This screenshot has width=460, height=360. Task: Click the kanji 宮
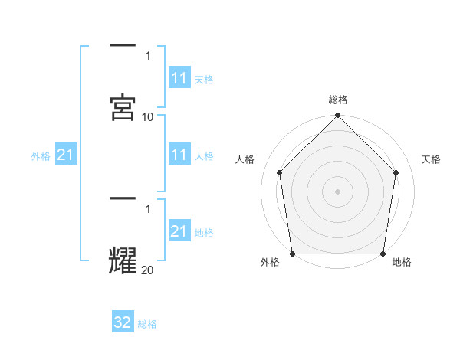pyautogui.click(x=123, y=108)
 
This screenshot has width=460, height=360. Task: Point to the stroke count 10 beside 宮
pyautogui.click(x=148, y=116)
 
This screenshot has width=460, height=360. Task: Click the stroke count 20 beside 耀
pyautogui.click(x=148, y=269)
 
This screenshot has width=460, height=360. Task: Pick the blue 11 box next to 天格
pyautogui.click(x=179, y=79)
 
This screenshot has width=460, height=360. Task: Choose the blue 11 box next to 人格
pyautogui.click(x=179, y=155)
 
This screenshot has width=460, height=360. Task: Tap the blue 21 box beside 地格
pyautogui.click(x=179, y=231)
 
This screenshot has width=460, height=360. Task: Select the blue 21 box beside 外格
pyautogui.click(x=66, y=155)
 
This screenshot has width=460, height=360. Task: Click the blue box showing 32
pyautogui.click(x=123, y=322)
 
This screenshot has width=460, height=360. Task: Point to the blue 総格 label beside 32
pyautogui.click(x=147, y=324)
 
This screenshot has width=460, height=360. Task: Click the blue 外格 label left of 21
pyautogui.click(x=41, y=156)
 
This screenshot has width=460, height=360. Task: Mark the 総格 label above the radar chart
pyautogui.click(x=338, y=100)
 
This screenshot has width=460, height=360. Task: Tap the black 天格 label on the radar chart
pyautogui.click(x=432, y=159)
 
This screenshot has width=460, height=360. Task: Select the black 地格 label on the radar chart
pyautogui.click(x=402, y=262)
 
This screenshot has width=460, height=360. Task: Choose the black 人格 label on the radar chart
pyautogui.click(x=245, y=159)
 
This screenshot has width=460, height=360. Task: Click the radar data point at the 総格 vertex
pyautogui.click(x=338, y=116)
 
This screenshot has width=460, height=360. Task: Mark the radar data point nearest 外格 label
pyautogui.click(x=293, y=254)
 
